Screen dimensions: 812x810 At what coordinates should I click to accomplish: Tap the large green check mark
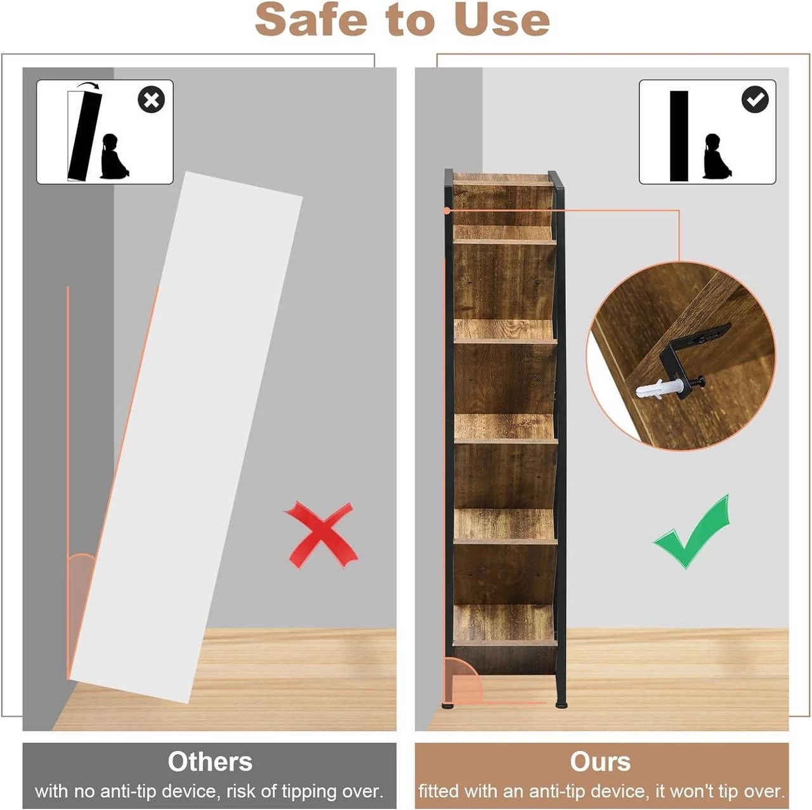pyautogui.click(x=691, y=533)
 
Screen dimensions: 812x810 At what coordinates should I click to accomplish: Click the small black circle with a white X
pyautogui.click(x=151, y=100)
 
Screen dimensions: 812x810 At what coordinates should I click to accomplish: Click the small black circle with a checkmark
pyautogui.click(x=755, y=100)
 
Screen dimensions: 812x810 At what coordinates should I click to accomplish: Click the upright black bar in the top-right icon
pyautogui.click(x=678, y=136)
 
